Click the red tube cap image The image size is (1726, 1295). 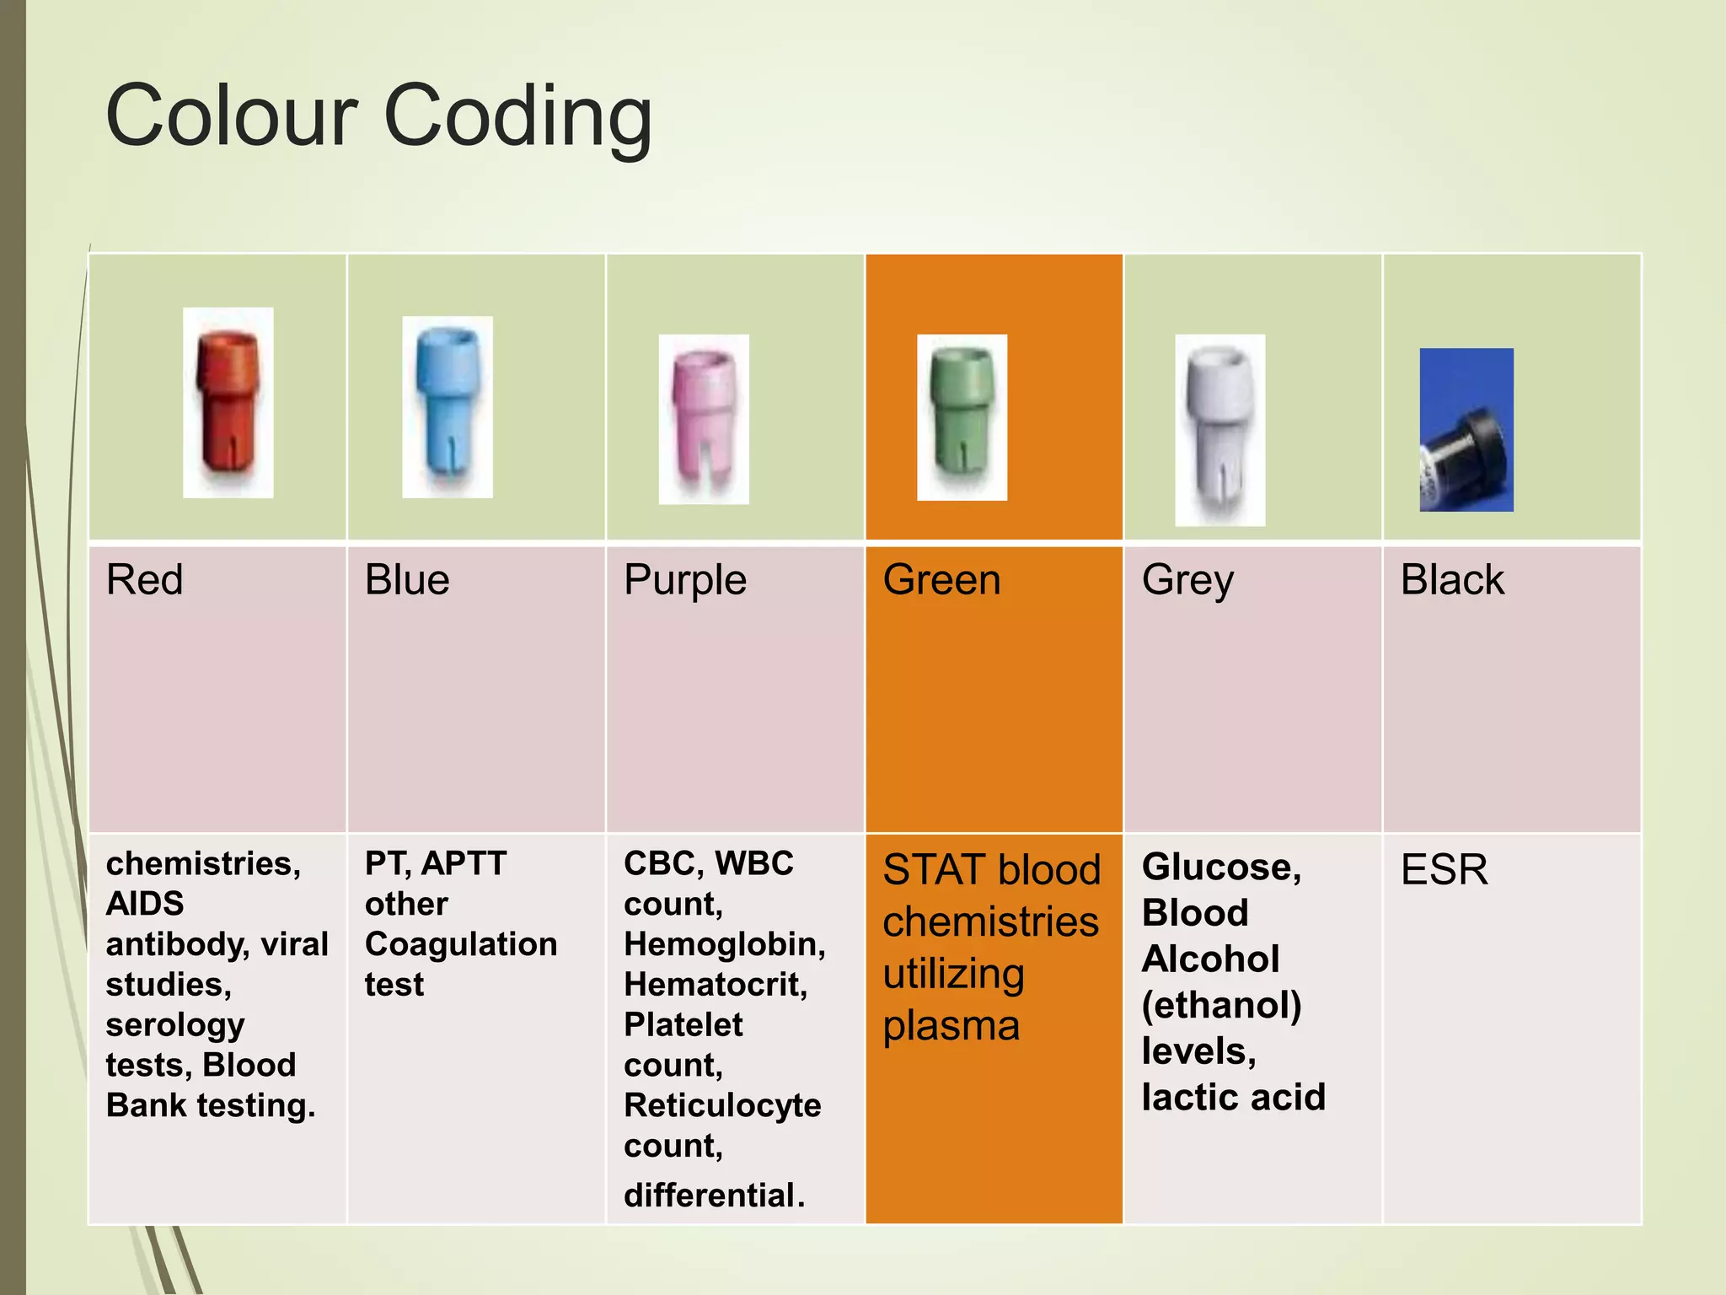[x=228, y=402]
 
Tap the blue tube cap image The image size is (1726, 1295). [x=447, y=406]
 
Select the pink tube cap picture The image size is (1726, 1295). [x=703, y=419]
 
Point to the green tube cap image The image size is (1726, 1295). [x=962, y=416]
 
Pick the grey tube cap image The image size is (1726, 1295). [x=1219, y=429]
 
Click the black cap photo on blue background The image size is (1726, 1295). [x=1466, y=429]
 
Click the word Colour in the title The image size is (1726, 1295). [x=233, y=116]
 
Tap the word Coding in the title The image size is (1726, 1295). [x=517, y=118]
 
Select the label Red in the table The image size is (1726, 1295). [x=144, y=580]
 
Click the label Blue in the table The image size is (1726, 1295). [x=407, y=580]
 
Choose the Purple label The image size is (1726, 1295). [x=684, y=581]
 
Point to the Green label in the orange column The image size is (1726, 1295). [x=941, y=580]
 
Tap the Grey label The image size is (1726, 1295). [x=1187, y=581]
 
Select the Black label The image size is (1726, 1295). [x=1451, y=580]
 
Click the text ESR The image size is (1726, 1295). [x=1444, y=869]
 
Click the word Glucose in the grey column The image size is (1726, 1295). [x=1220, y=868]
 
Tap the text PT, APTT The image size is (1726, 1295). [x=435, y=863]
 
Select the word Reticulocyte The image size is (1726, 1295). [x=722, y=1105]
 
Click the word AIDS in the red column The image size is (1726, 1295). [x=144, y=904]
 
